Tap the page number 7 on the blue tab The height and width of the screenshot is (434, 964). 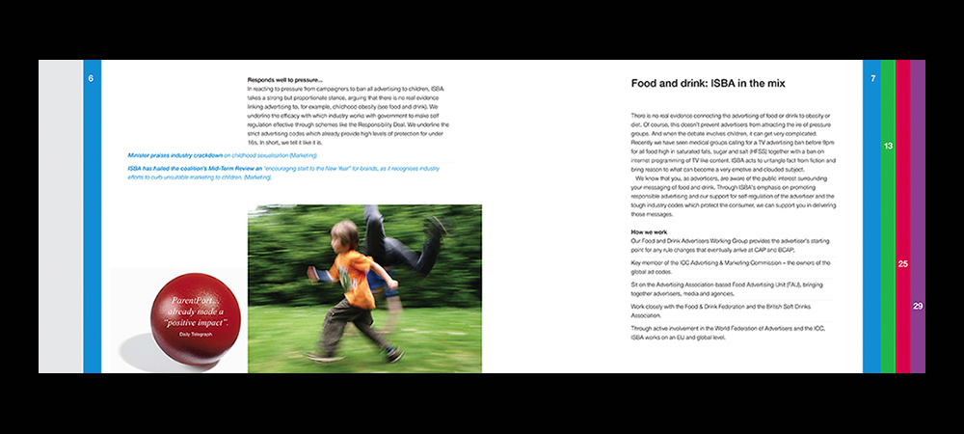click(871, 78)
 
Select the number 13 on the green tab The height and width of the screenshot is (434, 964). click(888, 145)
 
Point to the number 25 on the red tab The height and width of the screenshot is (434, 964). click(903, 263)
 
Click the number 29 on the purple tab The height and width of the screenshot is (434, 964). click(918, 306)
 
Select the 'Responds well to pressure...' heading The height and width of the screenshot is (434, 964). click(285, 79)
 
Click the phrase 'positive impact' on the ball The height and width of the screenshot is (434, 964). click(194, 321)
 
